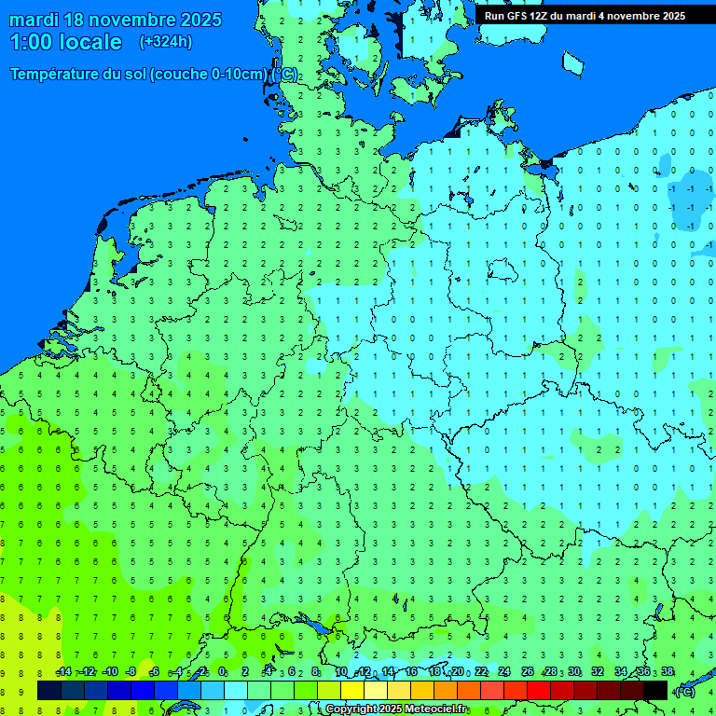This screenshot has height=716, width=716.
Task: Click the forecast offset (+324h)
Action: point(166,42)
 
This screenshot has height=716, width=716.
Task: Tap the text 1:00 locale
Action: point(65,42)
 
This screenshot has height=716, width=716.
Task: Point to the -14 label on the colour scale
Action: point(63,672)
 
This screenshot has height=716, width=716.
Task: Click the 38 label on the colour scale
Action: point(668,672)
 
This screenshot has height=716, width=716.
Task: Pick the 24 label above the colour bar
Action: point(503,672)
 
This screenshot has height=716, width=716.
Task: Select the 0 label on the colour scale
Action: point(222,672)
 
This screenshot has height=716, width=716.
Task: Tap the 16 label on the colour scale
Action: point(411,672)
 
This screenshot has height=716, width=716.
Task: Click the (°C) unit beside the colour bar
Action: point(685,691)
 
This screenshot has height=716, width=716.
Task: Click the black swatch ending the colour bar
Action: point(655,691)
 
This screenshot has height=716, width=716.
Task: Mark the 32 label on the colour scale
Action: point(598,672)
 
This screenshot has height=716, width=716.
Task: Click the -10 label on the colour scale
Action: point(109,672)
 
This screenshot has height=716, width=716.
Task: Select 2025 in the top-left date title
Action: point(199,20)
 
